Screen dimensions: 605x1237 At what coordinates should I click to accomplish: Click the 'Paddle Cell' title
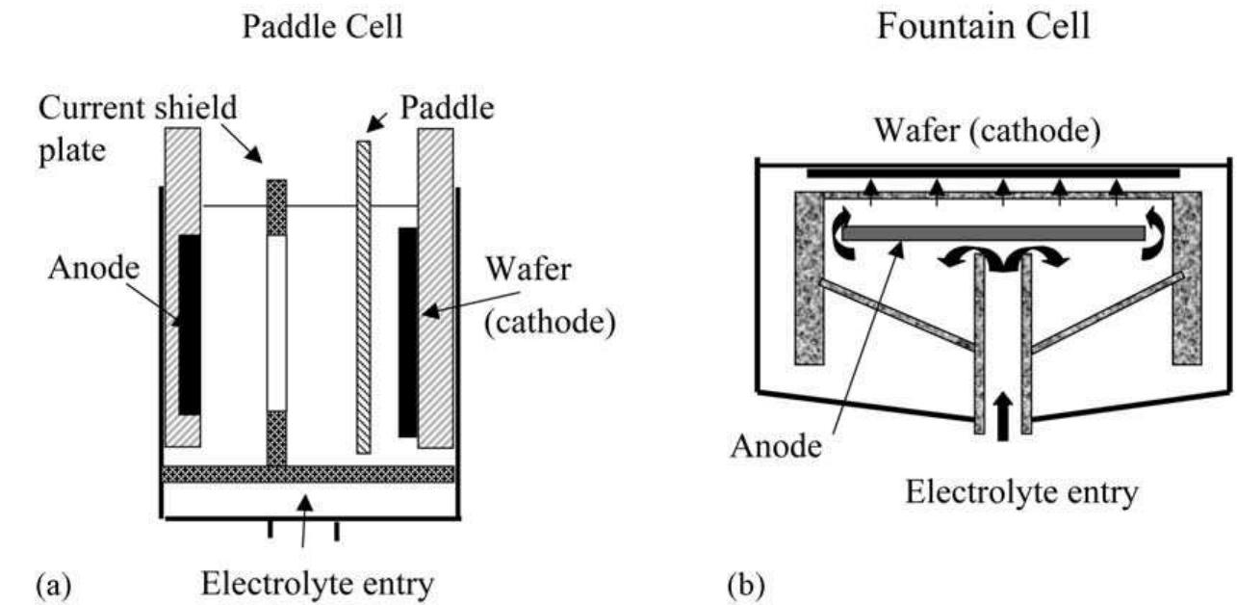tap(322, 28)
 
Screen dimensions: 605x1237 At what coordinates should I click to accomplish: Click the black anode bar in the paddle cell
tap(190, 324)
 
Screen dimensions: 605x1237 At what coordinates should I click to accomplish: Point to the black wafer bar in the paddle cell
tap(408, 330)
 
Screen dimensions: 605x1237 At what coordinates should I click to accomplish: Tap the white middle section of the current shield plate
tap(276, 324)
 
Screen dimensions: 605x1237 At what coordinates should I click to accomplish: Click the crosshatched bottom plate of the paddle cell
tap(308, 474)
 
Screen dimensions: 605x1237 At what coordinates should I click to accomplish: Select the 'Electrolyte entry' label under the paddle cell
tap(307, 583)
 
